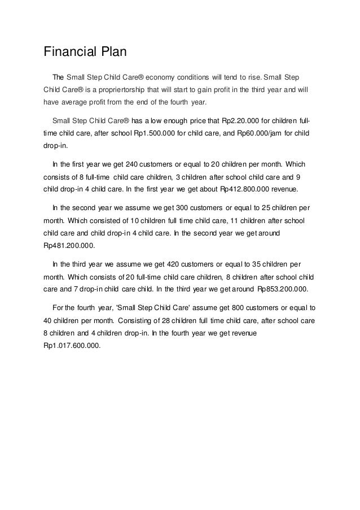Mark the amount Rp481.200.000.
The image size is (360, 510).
[69, 246]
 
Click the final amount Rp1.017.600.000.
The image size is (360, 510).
[72, 346]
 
